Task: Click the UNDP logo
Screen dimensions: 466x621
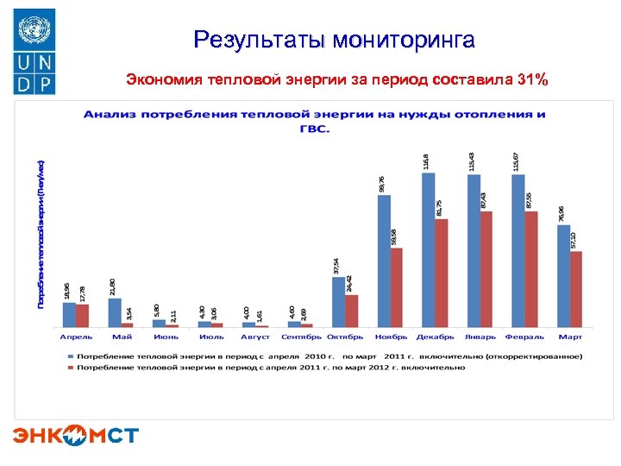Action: (x=34, y=51)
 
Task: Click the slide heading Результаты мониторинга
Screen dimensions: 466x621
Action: (x=334, y=39)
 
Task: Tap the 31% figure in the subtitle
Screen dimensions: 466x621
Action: (x=530, y=80)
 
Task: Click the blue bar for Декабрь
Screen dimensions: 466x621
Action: (x=429, y=249)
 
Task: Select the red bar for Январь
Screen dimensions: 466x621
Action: (x=486, y=268)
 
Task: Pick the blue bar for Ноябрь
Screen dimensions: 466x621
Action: (x=384, y=261)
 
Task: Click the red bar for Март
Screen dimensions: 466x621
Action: (x=576, y=288)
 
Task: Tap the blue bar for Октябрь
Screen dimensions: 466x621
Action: (x=339, y=301)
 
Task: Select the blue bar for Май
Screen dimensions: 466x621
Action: (x=115, y=312)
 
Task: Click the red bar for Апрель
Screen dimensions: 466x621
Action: (x=83, y=315)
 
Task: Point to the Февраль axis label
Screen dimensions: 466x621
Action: (x=524, y=337)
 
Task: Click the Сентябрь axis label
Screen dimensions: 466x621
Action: (x=301, y=337)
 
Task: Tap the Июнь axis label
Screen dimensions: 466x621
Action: (x=166, y=337)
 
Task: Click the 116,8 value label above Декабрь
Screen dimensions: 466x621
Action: (x=426, y=161)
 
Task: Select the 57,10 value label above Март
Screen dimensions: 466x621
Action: (x=574, y=240)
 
